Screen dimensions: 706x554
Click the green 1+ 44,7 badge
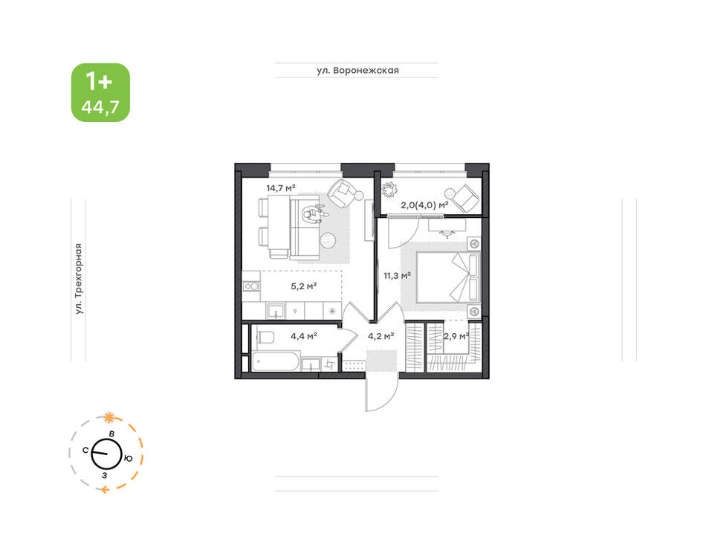tap(100, 92)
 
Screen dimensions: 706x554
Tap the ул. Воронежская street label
tap(357, 70)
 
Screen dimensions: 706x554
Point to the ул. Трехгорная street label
tap(79, 279)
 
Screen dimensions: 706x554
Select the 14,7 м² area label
tap(281, 188)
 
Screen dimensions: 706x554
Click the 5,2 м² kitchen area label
tap(304, 286)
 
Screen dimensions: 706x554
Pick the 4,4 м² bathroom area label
tap(304, 335)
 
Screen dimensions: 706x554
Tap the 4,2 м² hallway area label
tap(381, 335)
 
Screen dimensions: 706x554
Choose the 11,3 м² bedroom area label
tap(397, 275)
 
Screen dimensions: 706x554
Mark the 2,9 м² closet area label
tap(456, 335)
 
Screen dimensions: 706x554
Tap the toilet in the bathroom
tap(265, 336)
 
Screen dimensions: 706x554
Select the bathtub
tap(275, 362)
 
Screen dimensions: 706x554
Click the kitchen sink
tap(275, 311)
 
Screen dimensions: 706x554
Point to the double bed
tap(448, 277)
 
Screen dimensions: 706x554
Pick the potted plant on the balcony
tap(388, 189)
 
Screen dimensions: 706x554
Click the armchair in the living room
tap(342, 193)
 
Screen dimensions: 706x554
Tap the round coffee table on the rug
tap(330, 240)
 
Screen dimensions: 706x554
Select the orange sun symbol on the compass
tap(108, 418)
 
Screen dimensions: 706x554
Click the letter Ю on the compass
tap(129, 459)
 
